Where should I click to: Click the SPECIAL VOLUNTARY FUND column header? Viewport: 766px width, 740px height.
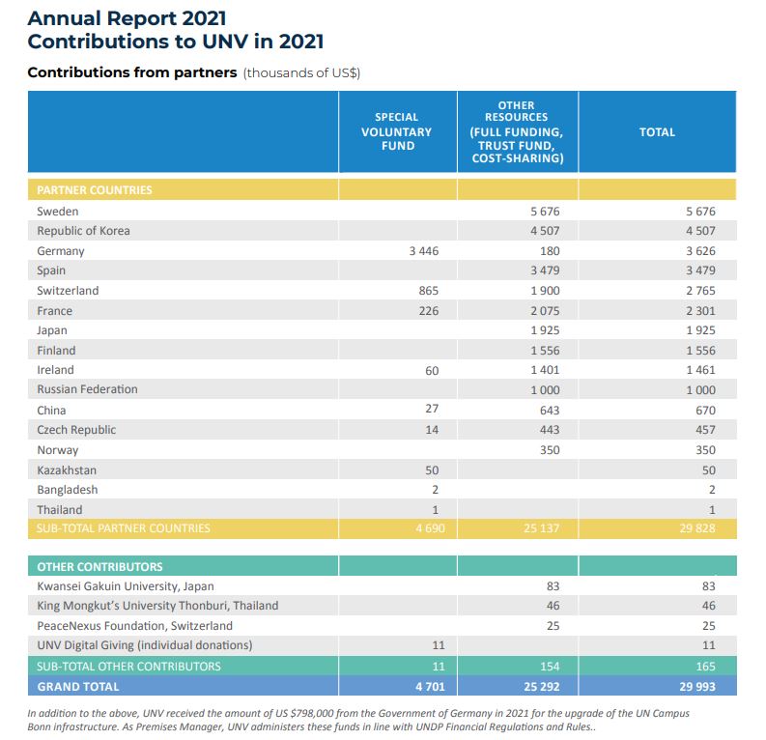pos(396,131)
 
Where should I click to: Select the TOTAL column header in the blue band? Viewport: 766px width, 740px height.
pos(657,132)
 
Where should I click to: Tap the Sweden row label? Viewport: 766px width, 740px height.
pos(58,212)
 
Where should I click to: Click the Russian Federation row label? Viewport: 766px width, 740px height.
pos(87,389)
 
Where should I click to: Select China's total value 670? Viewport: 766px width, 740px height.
pos(705,410)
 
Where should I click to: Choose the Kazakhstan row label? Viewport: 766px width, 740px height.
pos(67,470)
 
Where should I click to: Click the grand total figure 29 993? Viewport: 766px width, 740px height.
pos(698,687)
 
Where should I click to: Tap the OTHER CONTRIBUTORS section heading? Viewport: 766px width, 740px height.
pos(99,567)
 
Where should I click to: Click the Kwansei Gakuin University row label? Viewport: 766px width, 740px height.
pos(126,586)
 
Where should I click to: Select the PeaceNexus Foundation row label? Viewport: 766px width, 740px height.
pos(134,626)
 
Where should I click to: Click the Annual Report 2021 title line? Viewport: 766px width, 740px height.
pos(128,18)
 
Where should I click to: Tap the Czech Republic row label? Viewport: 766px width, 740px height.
pos(76,429)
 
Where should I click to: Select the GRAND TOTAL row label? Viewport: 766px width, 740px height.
pos(78,687)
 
